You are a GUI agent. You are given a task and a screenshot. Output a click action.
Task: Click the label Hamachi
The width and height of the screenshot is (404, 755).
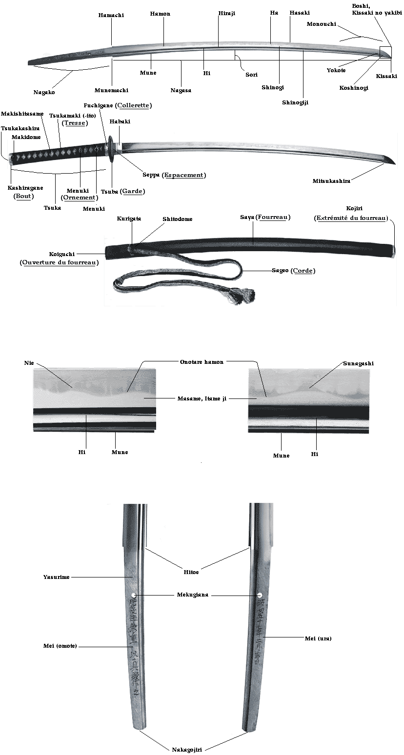pyautogui.click(x=111, y=15)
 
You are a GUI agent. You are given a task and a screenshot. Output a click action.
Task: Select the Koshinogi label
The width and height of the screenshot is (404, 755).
pyautogui.click(x=354, y=88)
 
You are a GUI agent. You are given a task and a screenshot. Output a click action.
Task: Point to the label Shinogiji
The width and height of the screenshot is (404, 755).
pyautogui.click(x=295, y=102)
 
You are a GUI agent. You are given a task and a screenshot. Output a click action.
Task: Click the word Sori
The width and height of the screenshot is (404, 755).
pyautogui.click(x=251, y=75)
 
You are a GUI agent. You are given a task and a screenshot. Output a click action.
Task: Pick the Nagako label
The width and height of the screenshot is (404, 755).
pyautogui.click(x=44, y=92)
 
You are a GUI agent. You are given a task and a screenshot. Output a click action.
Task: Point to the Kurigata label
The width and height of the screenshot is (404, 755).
pyautogui.click(x=129, y=219)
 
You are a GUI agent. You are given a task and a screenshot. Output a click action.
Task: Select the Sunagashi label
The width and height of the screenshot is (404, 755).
pyautogui.click(x=358, y=363)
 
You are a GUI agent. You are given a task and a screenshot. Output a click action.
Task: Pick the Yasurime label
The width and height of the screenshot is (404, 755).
pyautogui.click(x=57, y=577)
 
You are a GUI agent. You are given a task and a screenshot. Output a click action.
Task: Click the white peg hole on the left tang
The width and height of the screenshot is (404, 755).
pyautogui.click(x=134, y=595)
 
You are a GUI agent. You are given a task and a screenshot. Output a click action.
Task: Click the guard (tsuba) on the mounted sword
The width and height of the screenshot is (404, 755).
pyautogui.click(x=113, y=147)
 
